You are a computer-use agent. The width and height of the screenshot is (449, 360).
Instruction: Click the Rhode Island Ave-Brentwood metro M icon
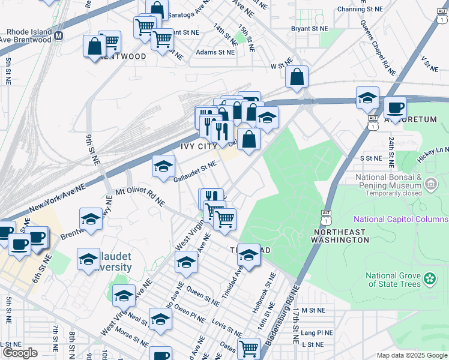click(x=59, y=35)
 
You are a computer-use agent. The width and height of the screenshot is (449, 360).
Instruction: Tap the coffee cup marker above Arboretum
click(x=395, y=108)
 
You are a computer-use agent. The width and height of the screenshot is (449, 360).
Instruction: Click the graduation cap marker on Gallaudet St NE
click(x=163, y=167)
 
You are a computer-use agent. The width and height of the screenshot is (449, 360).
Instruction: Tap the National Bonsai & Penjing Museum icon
click(x=431, y=183)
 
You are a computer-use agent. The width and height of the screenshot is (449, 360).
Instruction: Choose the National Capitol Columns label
click(x=400, y=219)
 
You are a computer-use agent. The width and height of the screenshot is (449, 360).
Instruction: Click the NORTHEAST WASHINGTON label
click(x=340, y=235)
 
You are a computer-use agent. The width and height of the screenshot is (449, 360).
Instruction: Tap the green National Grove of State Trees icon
click(x=430, y=278)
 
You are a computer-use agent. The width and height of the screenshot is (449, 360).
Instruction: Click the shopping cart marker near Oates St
click(x=248, y=347)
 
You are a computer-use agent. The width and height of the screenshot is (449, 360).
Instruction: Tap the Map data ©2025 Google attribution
click(x=412, y=355)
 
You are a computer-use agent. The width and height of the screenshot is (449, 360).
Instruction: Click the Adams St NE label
click(x=215, y=52)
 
